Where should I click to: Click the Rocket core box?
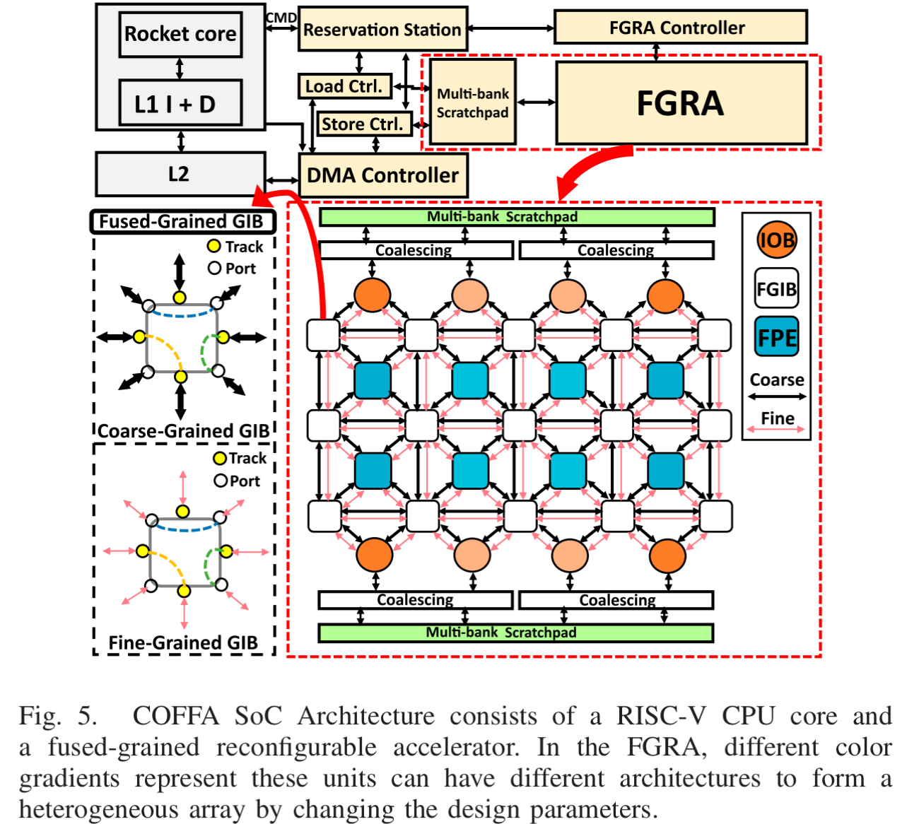tap(180, 34)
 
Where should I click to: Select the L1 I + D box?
tap(180, 103)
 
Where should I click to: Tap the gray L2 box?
tap(180, 174)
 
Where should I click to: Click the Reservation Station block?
tap(382, 30)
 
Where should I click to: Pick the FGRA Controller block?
tap(679, 28)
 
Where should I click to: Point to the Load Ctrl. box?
tap(344, 86)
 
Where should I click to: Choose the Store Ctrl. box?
tap(363, 124)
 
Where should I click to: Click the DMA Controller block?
tap(383, 175)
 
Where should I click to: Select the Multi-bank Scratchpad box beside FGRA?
tap(472, 102)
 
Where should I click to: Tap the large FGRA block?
tap(681, 103)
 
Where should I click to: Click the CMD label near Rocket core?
tap(281, 18)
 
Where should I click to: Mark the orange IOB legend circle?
tap(776, 240)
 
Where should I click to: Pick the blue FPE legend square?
tap(776, 337)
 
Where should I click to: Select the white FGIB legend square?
tap(776, 288)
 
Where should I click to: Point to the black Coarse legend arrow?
tap(776, 396)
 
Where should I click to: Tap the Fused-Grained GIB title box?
tap(182, 222)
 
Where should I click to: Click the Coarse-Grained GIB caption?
tap(184, 431)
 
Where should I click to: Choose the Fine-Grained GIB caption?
tap(183, 642)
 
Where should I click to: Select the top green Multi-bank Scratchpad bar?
tap(517, 217)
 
